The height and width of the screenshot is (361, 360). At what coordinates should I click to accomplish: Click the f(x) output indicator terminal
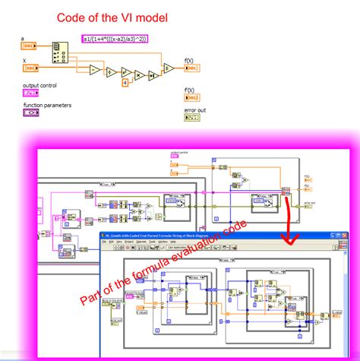point(192,68)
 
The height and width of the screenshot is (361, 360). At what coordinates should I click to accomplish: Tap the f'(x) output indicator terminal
point(192,98)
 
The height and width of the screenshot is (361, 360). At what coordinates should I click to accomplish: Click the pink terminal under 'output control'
point(31,92)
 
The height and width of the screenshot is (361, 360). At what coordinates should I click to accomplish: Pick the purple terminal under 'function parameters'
point(31,112)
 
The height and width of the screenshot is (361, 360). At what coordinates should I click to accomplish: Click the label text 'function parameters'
point(47,105)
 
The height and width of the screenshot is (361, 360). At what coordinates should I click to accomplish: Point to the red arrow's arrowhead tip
point(288,245)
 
